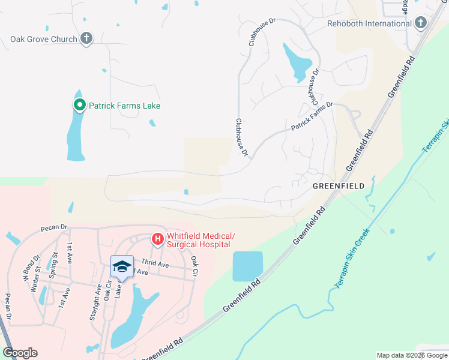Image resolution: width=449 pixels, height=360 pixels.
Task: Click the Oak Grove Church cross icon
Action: [86, 39]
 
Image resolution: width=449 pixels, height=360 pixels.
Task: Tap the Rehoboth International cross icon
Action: [420, 23]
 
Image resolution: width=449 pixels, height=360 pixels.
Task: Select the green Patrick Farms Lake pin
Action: [79, 106]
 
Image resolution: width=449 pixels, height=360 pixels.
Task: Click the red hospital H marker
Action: [157, 240]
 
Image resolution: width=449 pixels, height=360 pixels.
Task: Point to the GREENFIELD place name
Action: [339, 187]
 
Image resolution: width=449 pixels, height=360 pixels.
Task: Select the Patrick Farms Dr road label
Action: [312, 117]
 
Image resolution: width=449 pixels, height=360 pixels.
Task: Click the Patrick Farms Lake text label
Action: [125, 106]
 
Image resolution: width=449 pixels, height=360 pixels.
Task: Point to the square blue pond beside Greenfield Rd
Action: [247, 266]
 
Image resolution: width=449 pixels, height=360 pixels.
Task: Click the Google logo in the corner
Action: [20, 353]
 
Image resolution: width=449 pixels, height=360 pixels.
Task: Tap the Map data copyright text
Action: [411, 355]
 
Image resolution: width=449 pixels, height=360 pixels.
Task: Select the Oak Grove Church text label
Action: [44, 39]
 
